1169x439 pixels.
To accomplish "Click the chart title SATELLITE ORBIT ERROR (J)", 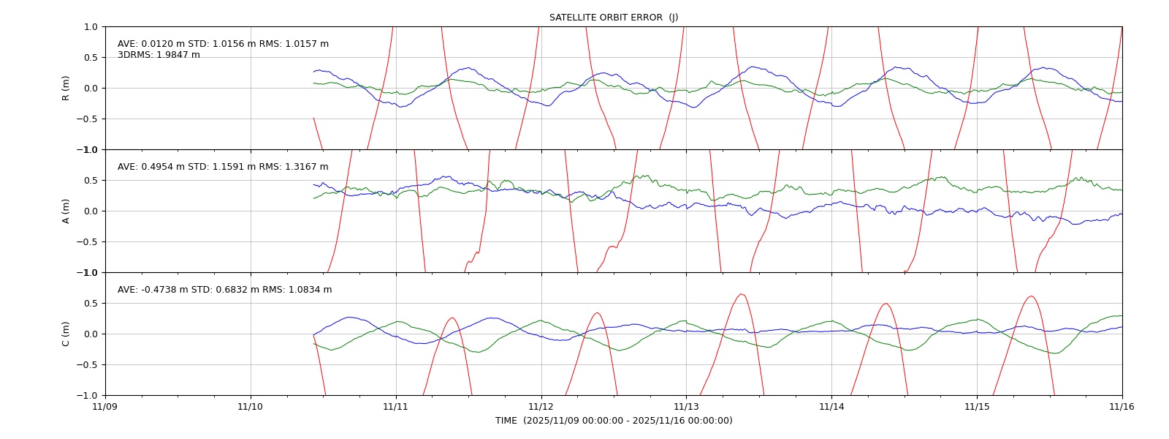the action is pyautogui.click(x=614, y=18).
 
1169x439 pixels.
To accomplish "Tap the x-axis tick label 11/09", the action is pyautogui.click(x=105, y=407).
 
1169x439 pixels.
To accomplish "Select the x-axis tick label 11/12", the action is pyautogui.click(x=541, y=407).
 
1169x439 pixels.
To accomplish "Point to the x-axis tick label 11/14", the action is pyautogui.click(x=832, y=407).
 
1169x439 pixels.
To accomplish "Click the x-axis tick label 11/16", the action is pyautogui.click(x=1122, y=407).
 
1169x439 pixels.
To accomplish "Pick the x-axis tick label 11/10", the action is pyautogui.click(x=251, y=407).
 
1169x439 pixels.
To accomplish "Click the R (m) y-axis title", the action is pyautogui.click(x=66, y=89).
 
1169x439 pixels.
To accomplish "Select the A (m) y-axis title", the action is pyautogui.click(x=66, y=211).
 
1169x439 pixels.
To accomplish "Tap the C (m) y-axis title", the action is pyautogui.click(x=66, y=334).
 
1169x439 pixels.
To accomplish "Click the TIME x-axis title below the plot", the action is pyautogui.click(x=614, y=421).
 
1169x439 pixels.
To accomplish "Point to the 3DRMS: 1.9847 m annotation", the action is pyautogui.click(x=159, y=55).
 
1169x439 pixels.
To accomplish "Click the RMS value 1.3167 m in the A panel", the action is pyautogui.click(x=308, y=167).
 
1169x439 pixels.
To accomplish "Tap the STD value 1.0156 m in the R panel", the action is pyautogui.click(x=235, y=44).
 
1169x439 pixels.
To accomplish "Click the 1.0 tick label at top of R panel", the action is pyautogui.click(x=91, y=26).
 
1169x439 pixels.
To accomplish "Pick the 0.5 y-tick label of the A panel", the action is pyautogui.click(x=91, y=180).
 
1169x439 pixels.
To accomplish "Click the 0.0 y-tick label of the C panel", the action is pyautogui.click(x=91, y=334).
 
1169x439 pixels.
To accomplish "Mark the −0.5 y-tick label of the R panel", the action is pyautogui.click(x=87, y=119).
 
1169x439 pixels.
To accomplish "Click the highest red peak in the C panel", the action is pyautogui.click(x=742, y=294).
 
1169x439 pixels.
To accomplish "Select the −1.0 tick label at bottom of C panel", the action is pyautogui.click(x=87, y=396).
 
